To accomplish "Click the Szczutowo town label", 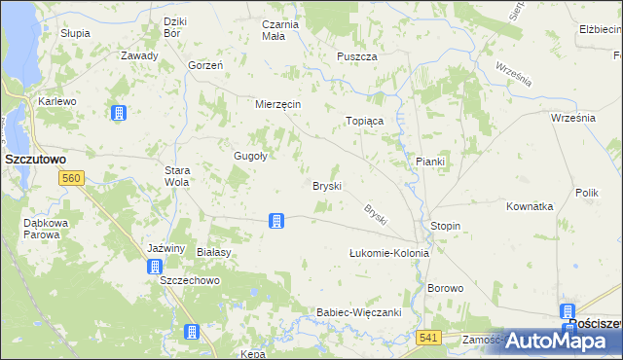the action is coord(35,158).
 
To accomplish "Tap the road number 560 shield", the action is coord(70,178).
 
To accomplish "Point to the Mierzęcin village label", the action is coord(277,104).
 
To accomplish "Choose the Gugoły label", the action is coord(250,155).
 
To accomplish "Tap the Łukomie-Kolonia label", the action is coord(389,253).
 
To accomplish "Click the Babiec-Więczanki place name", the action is coord(359,312).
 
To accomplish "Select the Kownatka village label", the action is coord(530,206).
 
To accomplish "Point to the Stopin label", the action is coord(445,226).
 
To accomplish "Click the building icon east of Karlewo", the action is coord(118,113).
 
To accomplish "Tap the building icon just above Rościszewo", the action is coord(568,312).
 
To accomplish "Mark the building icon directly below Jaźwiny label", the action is coord(154,266).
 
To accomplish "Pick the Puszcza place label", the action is coord(357,57).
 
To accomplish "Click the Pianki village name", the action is coord(429,162).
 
